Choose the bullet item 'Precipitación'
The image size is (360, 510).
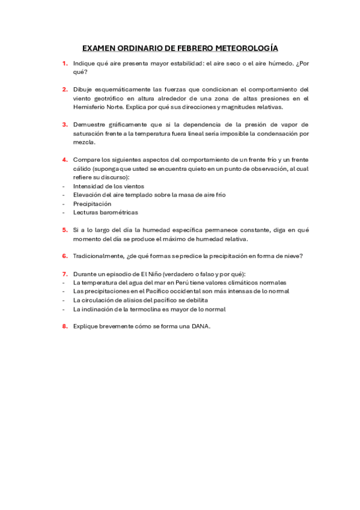point(92,204)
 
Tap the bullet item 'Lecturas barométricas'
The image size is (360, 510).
point(105,212)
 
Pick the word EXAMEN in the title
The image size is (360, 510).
point(97,48)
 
